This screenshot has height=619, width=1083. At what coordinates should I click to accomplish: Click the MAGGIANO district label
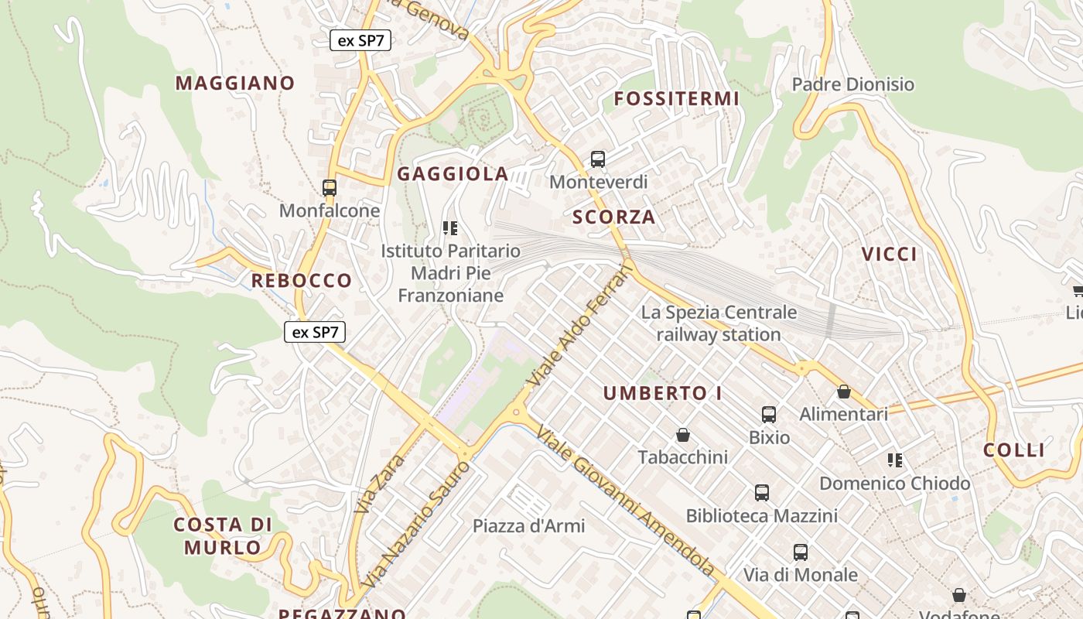[235, 83]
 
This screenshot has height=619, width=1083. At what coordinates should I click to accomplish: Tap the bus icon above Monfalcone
[330, 187]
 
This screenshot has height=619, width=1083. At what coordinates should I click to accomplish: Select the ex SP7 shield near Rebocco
[315, 333]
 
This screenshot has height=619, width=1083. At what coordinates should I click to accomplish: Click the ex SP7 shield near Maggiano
[360, 40]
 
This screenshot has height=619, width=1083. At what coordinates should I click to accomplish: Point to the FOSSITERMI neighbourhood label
[677, 98]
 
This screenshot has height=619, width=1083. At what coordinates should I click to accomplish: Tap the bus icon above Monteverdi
[598, 159]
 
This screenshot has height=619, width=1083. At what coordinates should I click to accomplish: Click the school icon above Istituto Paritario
[450, 227]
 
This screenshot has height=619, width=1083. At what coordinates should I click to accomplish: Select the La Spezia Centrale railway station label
[719, 323]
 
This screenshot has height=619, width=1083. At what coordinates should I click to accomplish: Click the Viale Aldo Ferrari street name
[579, 326]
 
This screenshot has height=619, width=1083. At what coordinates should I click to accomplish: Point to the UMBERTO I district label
[662, 393]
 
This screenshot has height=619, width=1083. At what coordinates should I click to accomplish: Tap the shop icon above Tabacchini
[682, 435]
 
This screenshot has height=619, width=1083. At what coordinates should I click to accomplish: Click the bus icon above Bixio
[769, 415]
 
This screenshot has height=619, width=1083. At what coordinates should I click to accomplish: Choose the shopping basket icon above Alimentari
[844, 392]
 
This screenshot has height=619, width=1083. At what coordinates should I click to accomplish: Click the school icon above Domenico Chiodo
[895, 460]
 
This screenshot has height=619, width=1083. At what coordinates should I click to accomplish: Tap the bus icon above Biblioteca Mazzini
[762, 492]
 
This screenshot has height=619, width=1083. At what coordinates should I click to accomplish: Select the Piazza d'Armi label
[529, 526]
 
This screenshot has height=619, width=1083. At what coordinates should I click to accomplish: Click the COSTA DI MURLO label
[223, 536]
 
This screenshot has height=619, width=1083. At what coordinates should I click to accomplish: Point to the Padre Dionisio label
[853, 84]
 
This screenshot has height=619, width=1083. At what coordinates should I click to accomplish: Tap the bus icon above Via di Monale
[801, 552]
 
